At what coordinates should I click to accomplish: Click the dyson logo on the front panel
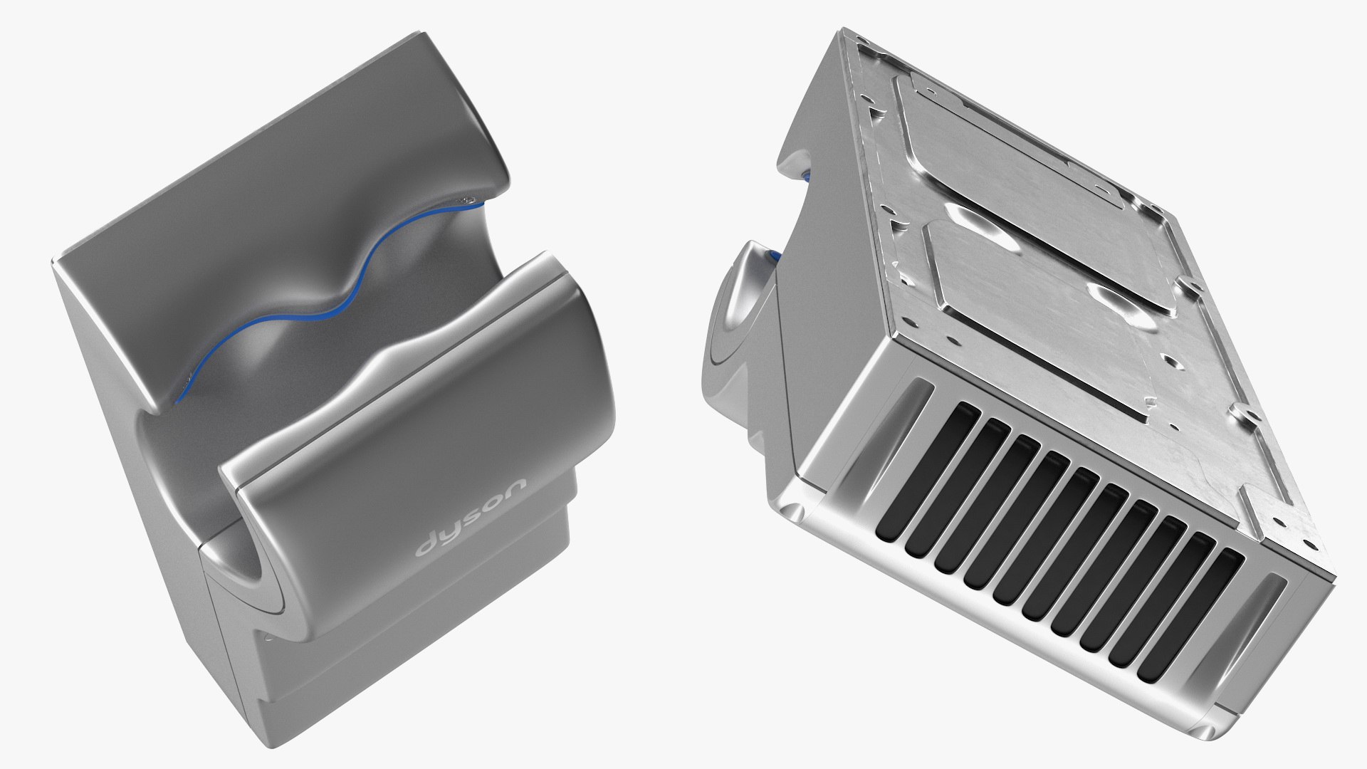[471, 517]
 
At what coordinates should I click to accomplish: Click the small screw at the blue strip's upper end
[468, 202]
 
